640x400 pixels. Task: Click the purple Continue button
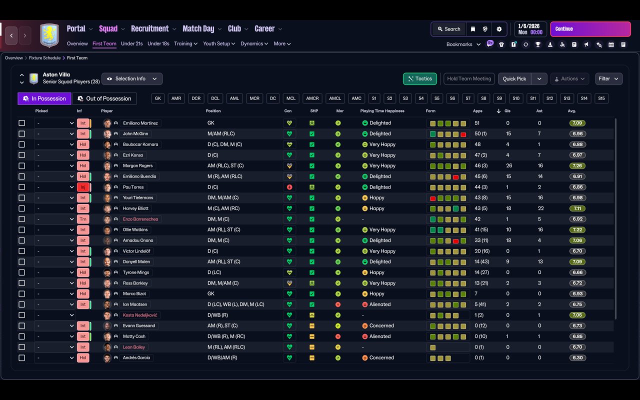click(590, 29)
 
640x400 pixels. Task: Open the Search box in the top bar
click(449, 29)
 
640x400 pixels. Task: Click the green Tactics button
click(419, 79)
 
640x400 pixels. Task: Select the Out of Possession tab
click(104, 98)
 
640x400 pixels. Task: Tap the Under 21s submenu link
click(131, 43)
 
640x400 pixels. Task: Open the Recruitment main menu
click(150, 29)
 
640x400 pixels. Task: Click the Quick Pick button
click(514, 79)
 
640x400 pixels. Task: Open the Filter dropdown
click(608, 79)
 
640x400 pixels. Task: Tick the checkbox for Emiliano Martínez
click(21, 123)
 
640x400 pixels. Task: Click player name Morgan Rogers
click(137, 165)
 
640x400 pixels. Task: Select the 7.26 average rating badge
click(577, 165)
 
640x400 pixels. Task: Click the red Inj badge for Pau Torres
click(83, 187)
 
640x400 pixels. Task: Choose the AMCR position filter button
click(312, 98)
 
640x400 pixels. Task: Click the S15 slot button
click(601, 98)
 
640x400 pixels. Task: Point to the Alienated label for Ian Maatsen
click(379, 304)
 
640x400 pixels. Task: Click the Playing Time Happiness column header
click(382, 111)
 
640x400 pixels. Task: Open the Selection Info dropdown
click(132, 79)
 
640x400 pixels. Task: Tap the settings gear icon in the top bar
click(499, 29)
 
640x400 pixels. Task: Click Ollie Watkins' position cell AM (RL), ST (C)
click(223, 229)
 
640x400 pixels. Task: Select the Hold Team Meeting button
click(469, 79)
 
